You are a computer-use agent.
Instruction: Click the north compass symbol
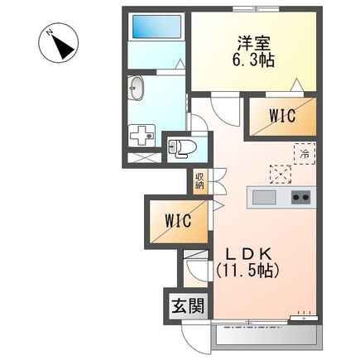point(58,43)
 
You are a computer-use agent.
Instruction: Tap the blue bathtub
point(156,26)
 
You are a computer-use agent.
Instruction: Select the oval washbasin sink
point(137,88)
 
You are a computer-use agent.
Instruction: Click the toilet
point(182,149)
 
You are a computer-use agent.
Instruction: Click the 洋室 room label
point(253,45)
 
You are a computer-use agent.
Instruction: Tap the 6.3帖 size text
point(253,60)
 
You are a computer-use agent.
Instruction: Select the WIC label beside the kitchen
point(282,115)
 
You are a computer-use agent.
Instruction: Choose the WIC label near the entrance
point(178,221)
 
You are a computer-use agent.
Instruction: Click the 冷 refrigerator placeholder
point(305,154)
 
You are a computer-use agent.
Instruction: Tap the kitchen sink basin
point(264,197)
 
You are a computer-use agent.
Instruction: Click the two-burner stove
point(301,197)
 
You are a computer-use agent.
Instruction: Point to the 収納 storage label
point(199,180)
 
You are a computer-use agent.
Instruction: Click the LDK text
point(247,254)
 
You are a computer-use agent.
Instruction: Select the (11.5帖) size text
point(247,271)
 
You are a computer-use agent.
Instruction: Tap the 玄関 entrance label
point(188,305)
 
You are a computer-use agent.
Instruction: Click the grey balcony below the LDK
point(267,336)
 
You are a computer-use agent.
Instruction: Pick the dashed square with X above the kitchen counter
point(281,175)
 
